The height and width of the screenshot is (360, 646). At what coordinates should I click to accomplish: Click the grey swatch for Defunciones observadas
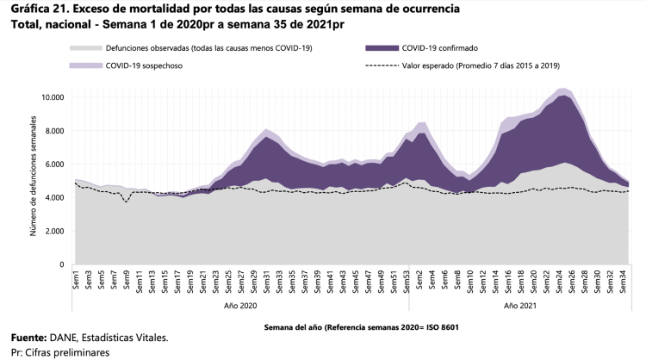click(x=85, y=48)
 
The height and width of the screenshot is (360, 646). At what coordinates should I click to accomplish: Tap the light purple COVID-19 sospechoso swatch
click(x=85, y=65)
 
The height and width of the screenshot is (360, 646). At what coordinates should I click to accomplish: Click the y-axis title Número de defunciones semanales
click(x=37, y=180)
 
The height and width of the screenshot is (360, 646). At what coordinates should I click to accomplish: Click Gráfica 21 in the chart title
click(x=35, y=8)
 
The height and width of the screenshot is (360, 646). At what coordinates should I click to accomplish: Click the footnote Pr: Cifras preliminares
click(x=60, y=352)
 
